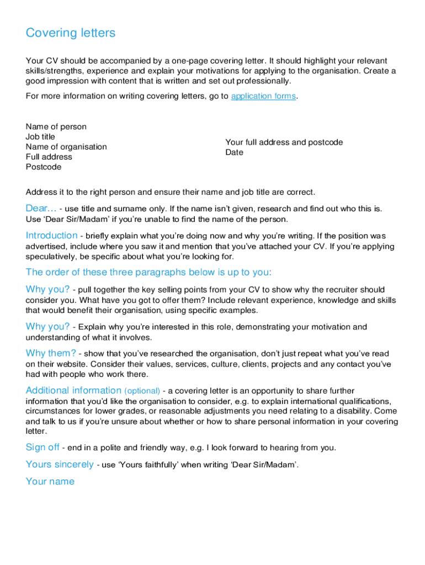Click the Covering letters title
[71, 33]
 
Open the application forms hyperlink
[263, 97]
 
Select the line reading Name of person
[56, 127]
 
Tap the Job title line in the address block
[40, 137]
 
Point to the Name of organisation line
[66, 147]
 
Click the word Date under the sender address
[234, 152]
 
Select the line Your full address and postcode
[284, 142]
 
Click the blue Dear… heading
[41, 209]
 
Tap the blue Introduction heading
[51, 236]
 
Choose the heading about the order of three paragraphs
[148, 273]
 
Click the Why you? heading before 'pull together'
[47, 290]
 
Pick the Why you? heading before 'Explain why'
[47, 327]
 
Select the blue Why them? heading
[51, 353]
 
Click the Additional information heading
[73, 391]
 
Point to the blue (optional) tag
[142, 391]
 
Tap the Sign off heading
[42, 447]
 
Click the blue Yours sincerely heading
[60, 465]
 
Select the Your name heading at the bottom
[50, 482]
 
